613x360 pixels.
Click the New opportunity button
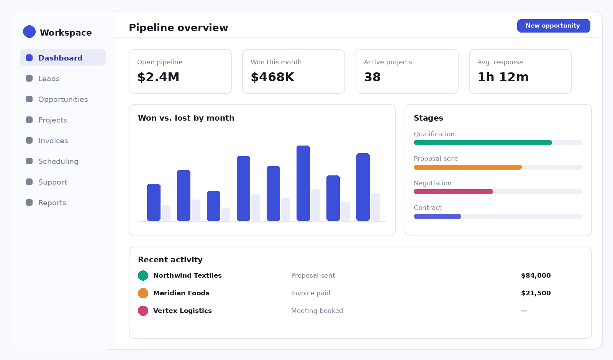pos(554,26)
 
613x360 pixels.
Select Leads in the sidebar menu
pos(49,79)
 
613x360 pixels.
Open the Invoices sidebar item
pos(53,141)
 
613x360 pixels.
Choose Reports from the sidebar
pos(52,203)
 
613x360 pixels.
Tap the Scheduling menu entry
pos(58,161)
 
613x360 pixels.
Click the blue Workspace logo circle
pos(29,31)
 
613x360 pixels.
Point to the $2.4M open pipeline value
pos(158,77)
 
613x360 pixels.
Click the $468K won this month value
pos(272,77)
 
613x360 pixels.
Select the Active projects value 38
pos(372,77)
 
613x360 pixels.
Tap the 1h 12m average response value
pos(503,77)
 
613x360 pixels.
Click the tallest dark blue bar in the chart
pos(303,183)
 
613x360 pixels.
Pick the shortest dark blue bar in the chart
pos(213,206)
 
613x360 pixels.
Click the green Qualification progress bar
pos(483,142)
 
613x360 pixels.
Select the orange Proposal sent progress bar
pos(468,167)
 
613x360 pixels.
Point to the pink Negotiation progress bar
pos(454,192)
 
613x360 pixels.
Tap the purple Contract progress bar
pos(437,216)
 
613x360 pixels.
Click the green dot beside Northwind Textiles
pos(143,275)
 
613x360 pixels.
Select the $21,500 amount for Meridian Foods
pos(536,293)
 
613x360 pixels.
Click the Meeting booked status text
pos(317,311)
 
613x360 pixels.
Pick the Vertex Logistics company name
pos(182,311)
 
